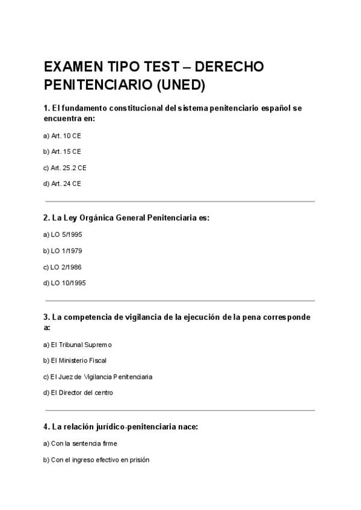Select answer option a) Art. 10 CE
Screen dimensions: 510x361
pyautogui.click(x=62, y=136)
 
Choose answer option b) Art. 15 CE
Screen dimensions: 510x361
pyautogui.click(x=62, y=152)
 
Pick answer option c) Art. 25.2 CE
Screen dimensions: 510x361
pyautogui.click(x=65, y=168)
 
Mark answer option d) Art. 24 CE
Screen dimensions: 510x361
pyautogui.click(x=62, y=183)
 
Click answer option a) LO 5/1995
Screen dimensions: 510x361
pyautogui.click(x=64, y=234)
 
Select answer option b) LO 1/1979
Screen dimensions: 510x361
pyautogui.click(x=64, y=250)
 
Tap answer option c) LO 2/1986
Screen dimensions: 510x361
pyautogui.click(x=64, y=266)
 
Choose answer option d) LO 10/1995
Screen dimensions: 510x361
pyautogui.click(x=66, y=283)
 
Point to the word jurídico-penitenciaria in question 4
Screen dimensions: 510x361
pyautogui.click(x=131, y=427)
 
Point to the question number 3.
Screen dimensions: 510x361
pyautogui.click(x=46, y=317)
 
